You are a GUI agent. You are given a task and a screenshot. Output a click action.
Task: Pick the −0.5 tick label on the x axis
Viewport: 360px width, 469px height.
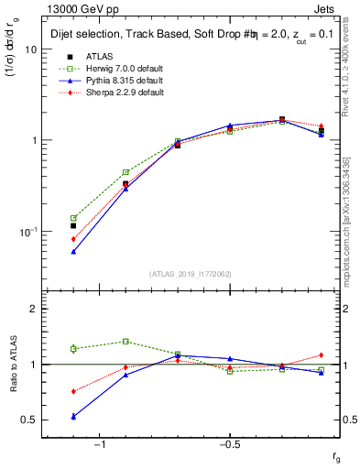pyautogui.click(x=229, y=444)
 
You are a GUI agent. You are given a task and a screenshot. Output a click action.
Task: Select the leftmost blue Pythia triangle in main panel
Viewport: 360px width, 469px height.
pyautogui.click(x=73, y=251)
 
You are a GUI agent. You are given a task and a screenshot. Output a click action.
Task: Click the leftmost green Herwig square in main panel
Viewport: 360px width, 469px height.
pyautogui.click(x=73, y=218)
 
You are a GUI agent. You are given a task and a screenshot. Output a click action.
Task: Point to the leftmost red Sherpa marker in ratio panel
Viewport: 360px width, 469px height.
pyautogui.click(x=73, y=391)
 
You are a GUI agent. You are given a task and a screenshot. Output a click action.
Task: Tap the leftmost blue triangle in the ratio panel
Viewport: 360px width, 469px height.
pyautogui.click(x=73, y=416)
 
